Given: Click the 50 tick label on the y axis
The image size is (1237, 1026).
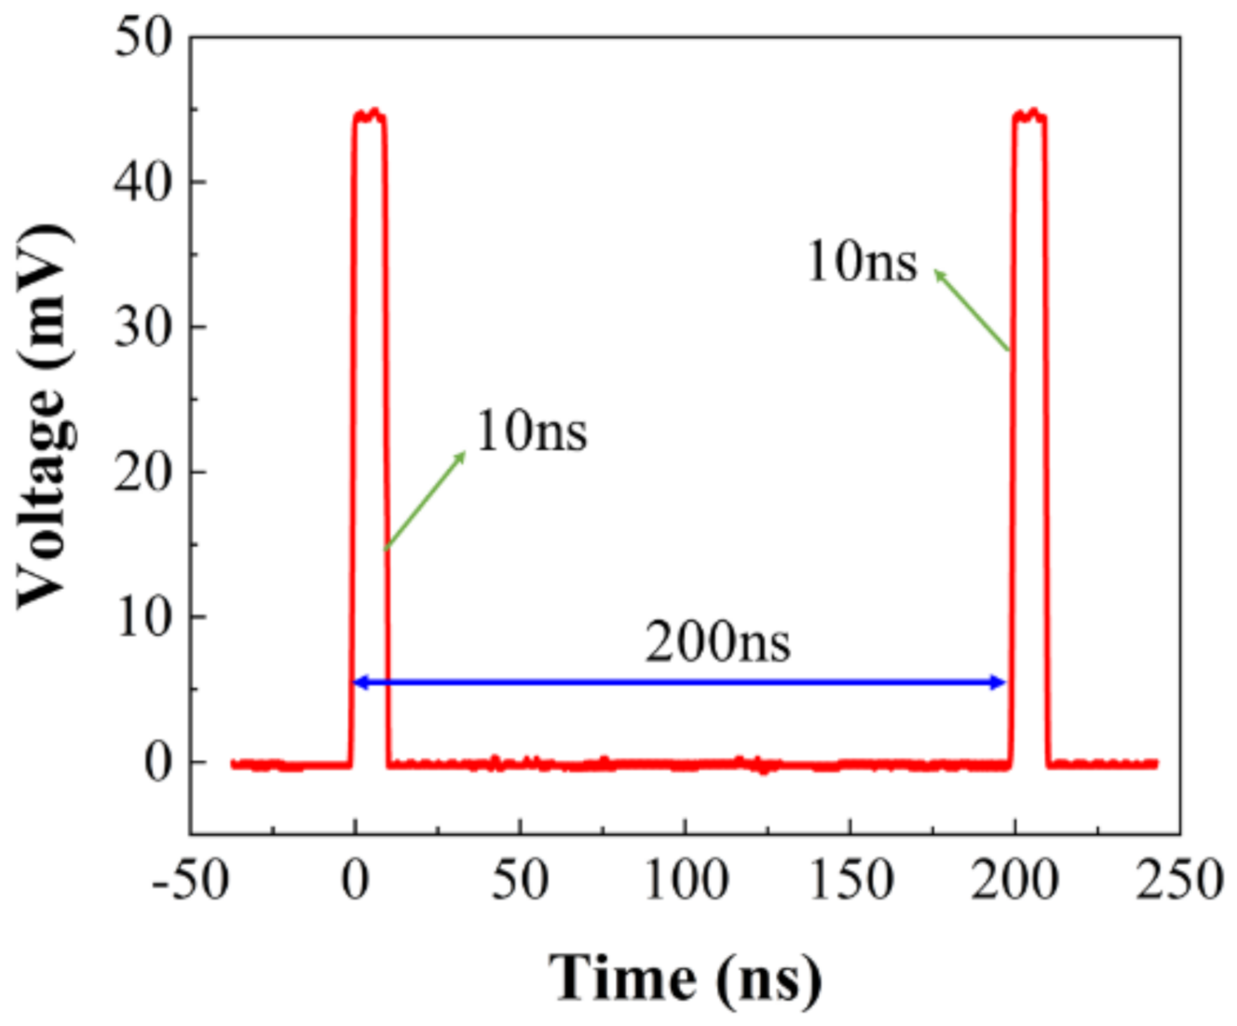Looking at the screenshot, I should (x=143, y=38).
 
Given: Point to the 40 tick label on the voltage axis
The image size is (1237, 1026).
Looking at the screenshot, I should (x=143, y=182).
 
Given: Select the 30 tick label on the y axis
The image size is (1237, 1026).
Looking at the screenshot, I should (x=143, y=327).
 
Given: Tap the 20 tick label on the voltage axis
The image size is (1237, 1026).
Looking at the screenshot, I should (x=143, y=472).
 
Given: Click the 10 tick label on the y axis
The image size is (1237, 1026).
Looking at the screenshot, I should (x=143, y=617).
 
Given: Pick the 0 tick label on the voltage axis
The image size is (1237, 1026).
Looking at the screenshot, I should (x=158, y=762).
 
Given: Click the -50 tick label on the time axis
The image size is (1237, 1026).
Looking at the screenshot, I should (x=190, y=880).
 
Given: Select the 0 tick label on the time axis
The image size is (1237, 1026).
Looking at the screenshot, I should (x=355, y=880).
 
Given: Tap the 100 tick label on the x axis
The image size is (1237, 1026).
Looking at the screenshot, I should (x=686, y=880).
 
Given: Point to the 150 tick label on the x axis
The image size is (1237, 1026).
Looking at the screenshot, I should (x=850, y=880).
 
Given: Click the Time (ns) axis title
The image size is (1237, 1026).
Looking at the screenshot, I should (x=686, y=978).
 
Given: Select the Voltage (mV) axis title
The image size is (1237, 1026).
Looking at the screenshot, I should (x=43, y=416).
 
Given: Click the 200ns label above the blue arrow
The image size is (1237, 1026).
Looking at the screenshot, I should (x=717, y=642).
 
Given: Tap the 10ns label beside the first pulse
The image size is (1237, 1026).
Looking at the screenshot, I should (x=532, y=431).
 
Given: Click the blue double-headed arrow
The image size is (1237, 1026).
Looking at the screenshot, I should (x=680, y=683).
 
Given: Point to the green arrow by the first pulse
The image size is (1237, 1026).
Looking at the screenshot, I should (x=425, y=500).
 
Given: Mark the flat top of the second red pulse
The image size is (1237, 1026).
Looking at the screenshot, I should (x=1029, y=116).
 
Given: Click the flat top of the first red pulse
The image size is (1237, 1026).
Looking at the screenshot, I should (x=370, y=116).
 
